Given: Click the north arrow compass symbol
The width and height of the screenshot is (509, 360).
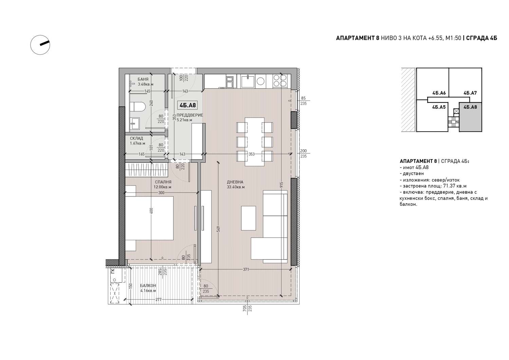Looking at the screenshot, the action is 40,45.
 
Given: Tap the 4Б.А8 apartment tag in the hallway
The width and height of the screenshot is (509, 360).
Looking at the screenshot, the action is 187,105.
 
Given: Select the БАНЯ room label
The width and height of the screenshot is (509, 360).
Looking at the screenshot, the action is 143,79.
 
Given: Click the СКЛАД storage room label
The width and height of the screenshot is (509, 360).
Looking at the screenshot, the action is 136,138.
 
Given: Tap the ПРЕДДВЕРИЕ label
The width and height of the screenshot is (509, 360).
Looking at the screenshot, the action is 190,115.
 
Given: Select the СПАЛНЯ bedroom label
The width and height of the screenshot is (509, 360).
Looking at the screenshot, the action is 163,182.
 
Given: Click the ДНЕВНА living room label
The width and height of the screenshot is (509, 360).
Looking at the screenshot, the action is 235,182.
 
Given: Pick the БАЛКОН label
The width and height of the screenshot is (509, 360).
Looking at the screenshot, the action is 148,285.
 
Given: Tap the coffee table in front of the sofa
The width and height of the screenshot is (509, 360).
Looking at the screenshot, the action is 248,218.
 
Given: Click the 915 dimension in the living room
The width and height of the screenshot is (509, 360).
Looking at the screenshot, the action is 281,185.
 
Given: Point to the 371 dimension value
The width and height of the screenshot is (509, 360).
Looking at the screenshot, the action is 246,269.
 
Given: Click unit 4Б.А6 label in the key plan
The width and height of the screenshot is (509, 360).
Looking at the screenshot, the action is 439,93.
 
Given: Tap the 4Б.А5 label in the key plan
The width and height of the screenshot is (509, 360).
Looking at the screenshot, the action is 439,107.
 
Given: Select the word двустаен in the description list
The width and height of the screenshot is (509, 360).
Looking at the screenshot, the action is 413,174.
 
